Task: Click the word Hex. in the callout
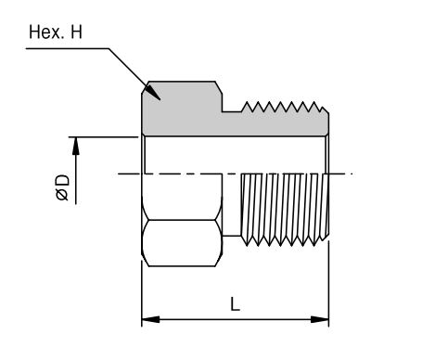[46, 32]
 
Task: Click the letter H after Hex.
[76, 32]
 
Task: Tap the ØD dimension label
[62, 187]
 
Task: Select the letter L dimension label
[235, 303]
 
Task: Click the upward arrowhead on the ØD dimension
[76, 146]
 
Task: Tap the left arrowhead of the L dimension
[150, 319]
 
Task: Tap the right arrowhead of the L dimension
[320, 319]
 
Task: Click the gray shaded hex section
[183, 109]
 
